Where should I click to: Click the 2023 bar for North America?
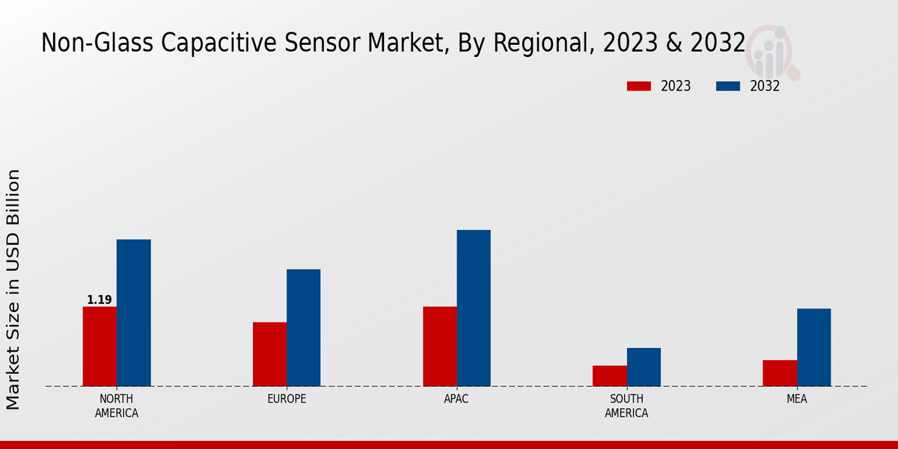[x=100, y=346]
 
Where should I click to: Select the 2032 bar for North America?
[x=134, y=313]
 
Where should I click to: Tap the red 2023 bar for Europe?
[x=269, y=354]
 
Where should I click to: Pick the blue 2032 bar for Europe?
[x=304, y=328]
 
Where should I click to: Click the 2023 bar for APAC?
[x=439, y=346]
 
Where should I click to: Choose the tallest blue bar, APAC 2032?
[x=474, y=308]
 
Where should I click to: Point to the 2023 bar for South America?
[x=609, y=376]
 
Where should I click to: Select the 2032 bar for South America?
[x=644, y=367]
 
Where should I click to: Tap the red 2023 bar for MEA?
[x=779, y=373]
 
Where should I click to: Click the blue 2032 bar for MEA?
[x=813, y=347]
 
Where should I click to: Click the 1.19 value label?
[x=100, y=300]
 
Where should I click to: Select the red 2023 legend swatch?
[x=639, y=86]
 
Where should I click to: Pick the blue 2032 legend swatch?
[x=728, y=86]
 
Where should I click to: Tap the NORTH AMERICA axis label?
[x=117, y=406]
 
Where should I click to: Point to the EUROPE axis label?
[x=287, y=399]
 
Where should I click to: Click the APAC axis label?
[x=456, y=399]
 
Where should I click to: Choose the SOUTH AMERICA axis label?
[x=626, y=406]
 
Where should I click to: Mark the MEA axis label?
[x=796, y=399]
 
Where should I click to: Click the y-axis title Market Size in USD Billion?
[x=13, y=289]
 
